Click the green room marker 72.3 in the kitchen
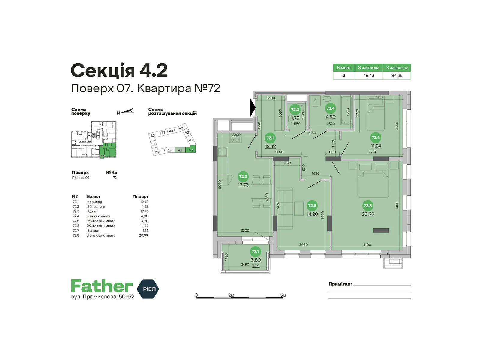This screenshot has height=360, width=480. (243, 176)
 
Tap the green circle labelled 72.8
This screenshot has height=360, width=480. (367, 205)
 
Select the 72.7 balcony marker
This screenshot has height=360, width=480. (255, 251)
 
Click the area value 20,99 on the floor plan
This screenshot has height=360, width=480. (368, 214)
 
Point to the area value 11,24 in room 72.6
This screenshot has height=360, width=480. (376, 146)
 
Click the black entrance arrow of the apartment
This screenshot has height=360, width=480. (253, 107)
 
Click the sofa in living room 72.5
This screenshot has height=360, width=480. (285, 208)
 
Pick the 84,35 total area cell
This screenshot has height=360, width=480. (397, 76)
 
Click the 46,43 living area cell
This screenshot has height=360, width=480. (369, 76)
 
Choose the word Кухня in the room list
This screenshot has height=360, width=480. (92, 211)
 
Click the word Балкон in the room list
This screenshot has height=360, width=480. (93, 231)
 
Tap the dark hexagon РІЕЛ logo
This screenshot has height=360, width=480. (148, 289)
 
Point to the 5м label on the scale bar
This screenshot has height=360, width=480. (283, 295)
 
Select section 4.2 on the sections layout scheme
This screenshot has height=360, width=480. (191, 150)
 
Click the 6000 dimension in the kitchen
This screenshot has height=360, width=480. (220, 184)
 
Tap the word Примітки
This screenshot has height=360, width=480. (340, 284)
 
